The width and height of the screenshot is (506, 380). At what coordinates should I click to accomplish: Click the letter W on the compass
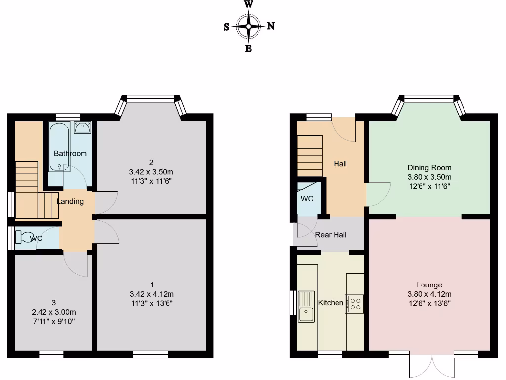tap(248, 5)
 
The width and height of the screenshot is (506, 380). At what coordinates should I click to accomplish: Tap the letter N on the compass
tap(271, 27)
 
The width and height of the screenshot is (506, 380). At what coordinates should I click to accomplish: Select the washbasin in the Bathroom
tap(82, 128)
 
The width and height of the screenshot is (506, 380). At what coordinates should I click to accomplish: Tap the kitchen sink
tap(306, 305)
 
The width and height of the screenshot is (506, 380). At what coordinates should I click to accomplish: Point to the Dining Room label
tap(429, 168)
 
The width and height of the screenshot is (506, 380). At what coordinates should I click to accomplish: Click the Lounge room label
tap(429, 285)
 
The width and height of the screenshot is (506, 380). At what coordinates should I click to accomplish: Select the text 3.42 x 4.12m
tap(152, 293)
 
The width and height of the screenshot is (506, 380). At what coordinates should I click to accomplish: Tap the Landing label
tap(70, 201)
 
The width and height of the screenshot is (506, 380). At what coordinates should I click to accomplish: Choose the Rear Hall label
tap(331, 234)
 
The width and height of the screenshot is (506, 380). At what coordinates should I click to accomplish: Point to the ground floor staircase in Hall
tap(309, 155)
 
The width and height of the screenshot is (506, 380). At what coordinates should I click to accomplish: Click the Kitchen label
tap(330, 302)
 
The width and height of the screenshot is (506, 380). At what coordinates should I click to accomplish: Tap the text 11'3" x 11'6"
tap(152, 181)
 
